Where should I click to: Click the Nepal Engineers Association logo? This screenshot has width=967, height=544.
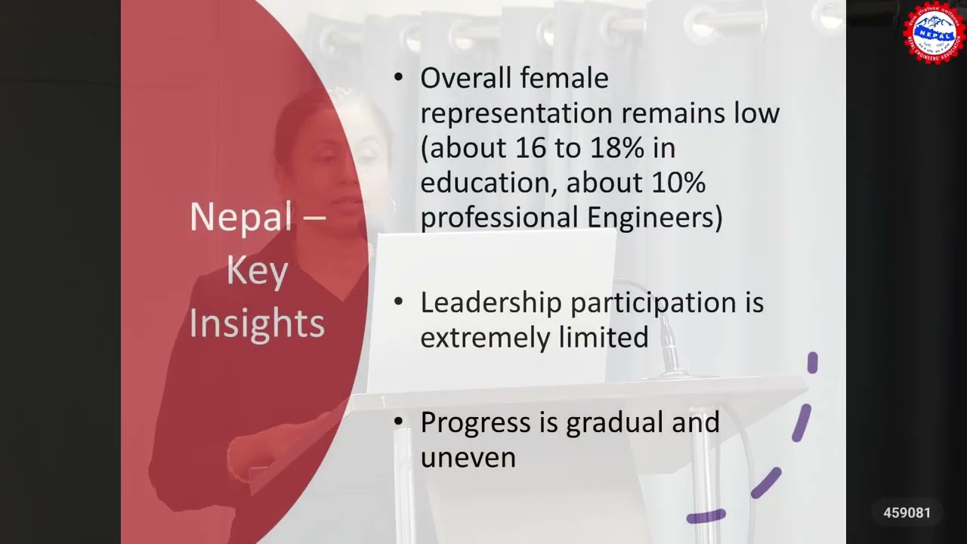[x=935, y=32]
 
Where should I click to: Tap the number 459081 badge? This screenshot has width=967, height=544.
[x=907, y=513]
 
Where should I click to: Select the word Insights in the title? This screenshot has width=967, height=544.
[x=257, y=323]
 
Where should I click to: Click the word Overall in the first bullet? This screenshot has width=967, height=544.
[x=465, y=78]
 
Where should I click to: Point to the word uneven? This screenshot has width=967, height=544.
[x=468, y=457]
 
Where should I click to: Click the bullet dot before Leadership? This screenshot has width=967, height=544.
[x=400, y=302]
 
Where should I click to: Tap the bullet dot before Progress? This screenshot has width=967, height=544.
[x=400, y=422]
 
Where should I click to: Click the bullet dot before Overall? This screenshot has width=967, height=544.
[x=400, y=77]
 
